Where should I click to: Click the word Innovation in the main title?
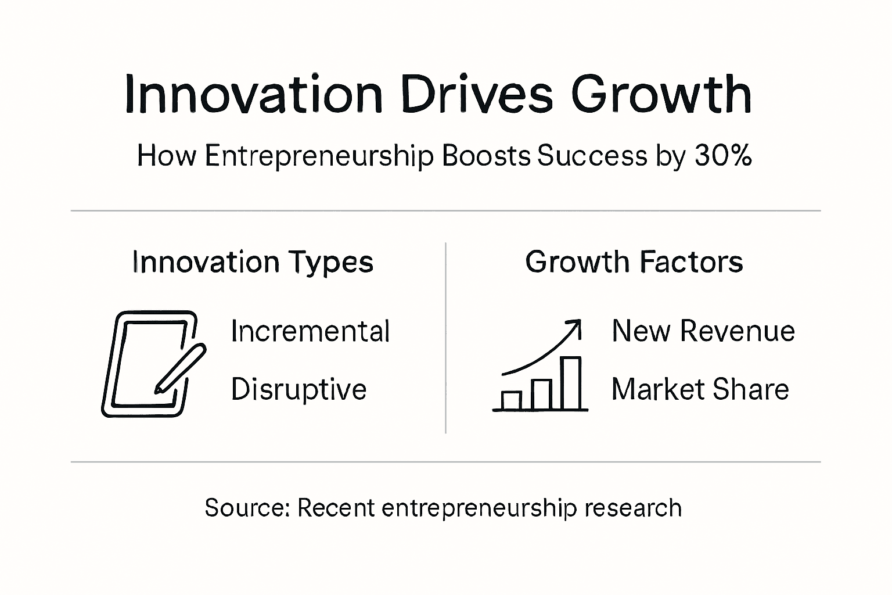[253, 94]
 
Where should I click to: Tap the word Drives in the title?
[476, 94]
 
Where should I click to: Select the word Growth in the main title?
[661, 95]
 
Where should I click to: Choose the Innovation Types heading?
[253, 263]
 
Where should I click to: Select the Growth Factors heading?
[634, 262]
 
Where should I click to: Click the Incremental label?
[310, 331]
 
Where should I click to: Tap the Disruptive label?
[298, 389]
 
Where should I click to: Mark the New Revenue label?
[703, 331]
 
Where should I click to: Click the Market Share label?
[700, 389]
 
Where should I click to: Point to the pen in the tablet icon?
[179, 368]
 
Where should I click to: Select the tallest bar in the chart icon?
[571, 383]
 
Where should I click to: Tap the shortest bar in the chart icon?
[512, 400]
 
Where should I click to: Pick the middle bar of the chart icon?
[542, 395]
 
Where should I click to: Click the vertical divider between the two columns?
[445, 338]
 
